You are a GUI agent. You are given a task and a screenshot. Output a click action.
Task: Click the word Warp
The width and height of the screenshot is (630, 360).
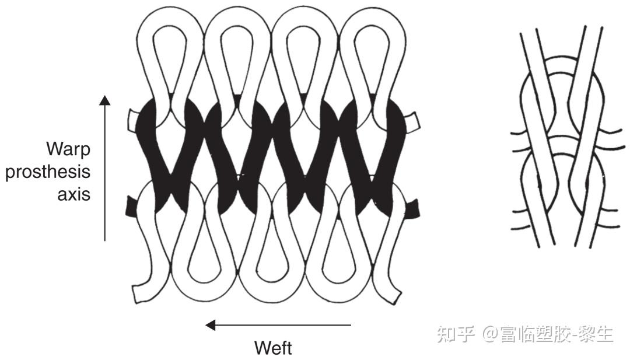click(69, 149)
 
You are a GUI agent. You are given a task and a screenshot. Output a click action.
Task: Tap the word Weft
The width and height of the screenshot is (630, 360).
click(273, 348)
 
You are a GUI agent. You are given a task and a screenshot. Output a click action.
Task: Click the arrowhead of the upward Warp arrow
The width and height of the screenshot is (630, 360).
click(104, 100)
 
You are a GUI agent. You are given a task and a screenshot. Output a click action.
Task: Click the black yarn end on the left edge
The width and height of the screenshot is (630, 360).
click(131, 206)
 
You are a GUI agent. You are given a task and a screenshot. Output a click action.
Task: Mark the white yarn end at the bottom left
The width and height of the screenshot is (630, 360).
click(141, 293)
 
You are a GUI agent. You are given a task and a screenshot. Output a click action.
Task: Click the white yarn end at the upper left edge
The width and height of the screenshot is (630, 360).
click(132, 119)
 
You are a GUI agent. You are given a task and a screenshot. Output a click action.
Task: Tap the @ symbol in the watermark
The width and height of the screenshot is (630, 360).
click(491, 335)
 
